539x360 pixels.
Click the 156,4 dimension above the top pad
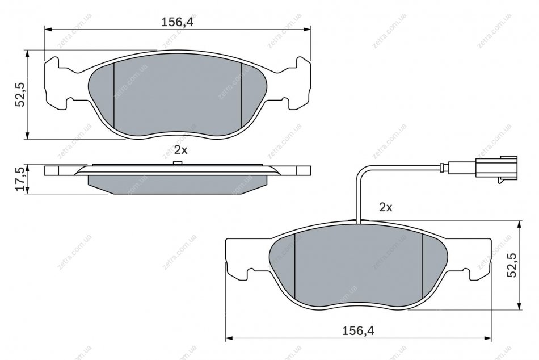click(178, 22)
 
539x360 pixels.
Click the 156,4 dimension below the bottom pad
click(358, 331)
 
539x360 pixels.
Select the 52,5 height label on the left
click(20, 94)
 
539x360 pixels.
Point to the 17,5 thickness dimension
click(20, 179)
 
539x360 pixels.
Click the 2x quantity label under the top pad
click(181, 150)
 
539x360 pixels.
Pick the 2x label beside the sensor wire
click(385, 207)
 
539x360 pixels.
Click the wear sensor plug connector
click(496, 169)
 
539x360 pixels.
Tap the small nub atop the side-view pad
click(177, 163)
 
